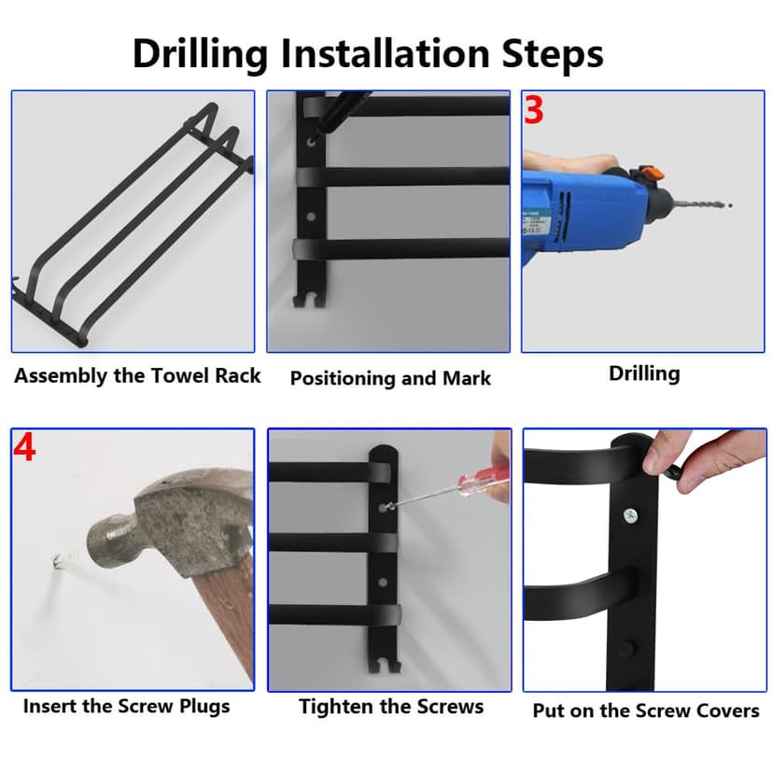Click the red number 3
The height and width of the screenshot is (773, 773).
pyautogui.click(x=533, y=109)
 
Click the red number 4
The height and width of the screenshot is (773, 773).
pyautogui.click(x=24, y=447)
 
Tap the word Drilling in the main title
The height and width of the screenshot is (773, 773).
pyautogui.click(x=200, y=54)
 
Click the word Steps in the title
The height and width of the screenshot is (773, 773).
pyautogui.click(x=552, y=53)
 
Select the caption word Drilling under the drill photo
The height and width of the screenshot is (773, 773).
pyautogui.click(x=644, y=373)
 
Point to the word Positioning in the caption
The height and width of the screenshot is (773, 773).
pyautogui.click(x=344, y=379)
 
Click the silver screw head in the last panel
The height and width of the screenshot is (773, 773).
pyautogui.click(x=630, y=516)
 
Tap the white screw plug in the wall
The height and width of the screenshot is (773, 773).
pyautogui.click(x=58, y=562)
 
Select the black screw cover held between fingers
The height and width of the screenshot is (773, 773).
pyautogui.click(x=673, y=471)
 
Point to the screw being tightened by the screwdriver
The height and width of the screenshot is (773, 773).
pyautogui.click(x=385, y=506)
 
